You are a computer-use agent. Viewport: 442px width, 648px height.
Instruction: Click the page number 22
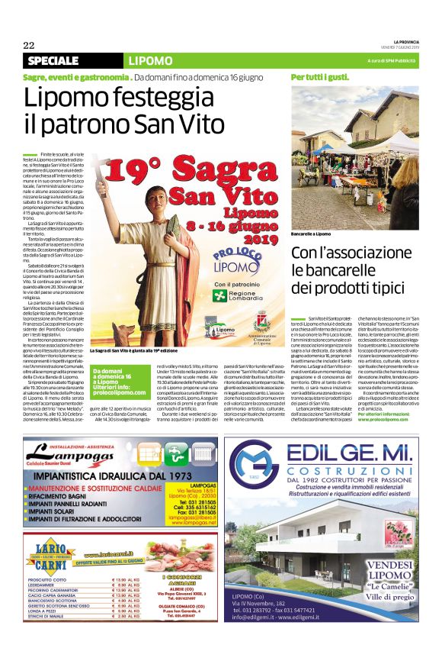pyautogui.click(x=28, y=45)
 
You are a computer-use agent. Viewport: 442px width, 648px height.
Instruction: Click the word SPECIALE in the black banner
pyautogui.click(x=53, y=61)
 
